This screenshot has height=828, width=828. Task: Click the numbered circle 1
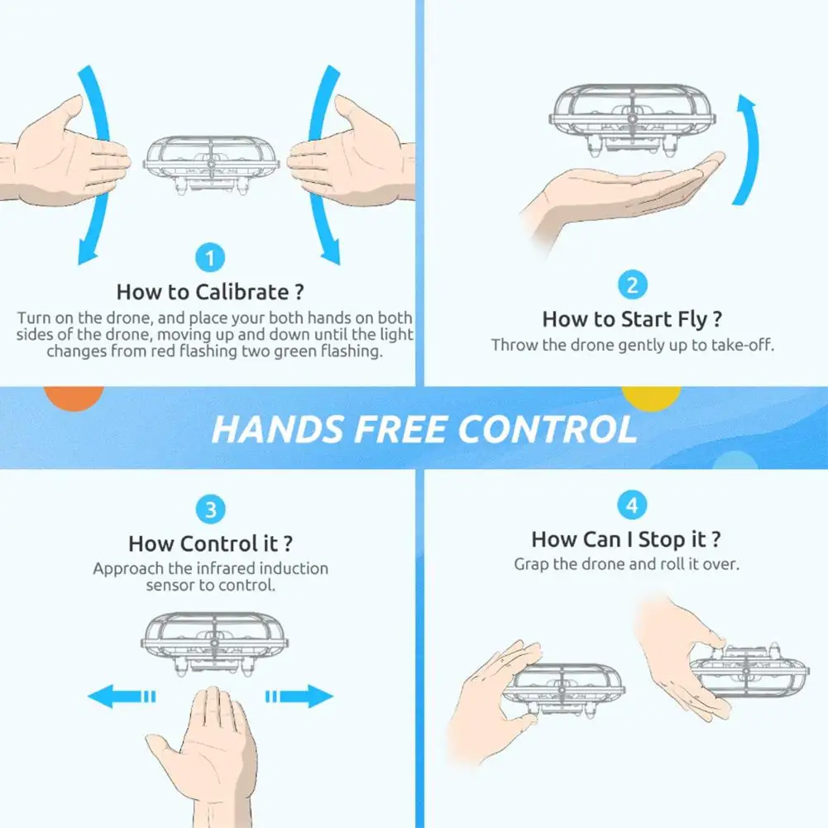coord(210,258)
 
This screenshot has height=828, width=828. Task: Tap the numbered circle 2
coord(632,285)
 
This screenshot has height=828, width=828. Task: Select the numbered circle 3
coord(210,510)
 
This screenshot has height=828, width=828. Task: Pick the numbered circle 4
coord(632,505)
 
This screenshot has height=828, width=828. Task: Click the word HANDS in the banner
coord(278,428)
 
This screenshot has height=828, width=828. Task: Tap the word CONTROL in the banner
coord(548,428)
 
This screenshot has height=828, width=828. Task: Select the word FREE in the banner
coord(400,428)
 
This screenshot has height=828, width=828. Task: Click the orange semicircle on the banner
coord(74,397)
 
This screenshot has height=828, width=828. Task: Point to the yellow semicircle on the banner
coord(651,397)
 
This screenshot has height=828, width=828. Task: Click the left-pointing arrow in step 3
coord(122,696)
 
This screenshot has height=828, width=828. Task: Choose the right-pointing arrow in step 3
coord(299,696)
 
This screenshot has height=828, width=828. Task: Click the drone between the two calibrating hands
coord(211,165)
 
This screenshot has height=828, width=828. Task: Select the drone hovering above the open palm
coord(632,119)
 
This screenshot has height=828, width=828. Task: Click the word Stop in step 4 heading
coord(663,540)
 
